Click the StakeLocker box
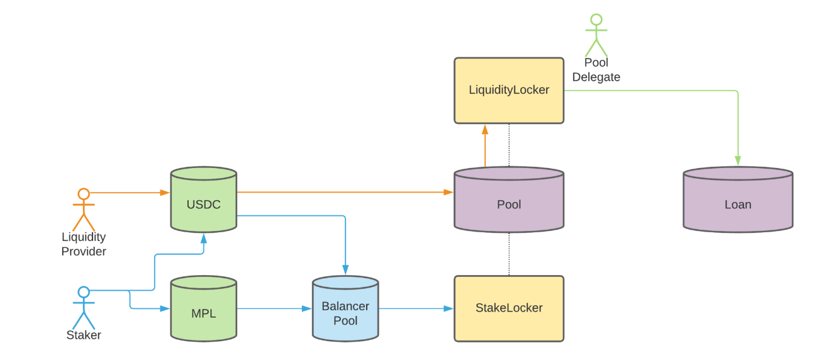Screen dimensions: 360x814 [509, 308]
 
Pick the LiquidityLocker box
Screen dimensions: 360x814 [509, 91]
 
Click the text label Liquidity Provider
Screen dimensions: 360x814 [84, 244]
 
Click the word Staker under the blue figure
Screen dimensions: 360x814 [84, 335]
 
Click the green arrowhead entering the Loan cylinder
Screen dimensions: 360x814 [737, 162]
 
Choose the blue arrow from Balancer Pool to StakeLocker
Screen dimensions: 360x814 [416, 308]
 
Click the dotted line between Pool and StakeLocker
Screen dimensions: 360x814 [509, 254]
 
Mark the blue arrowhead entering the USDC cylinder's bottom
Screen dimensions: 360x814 [203, 239]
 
